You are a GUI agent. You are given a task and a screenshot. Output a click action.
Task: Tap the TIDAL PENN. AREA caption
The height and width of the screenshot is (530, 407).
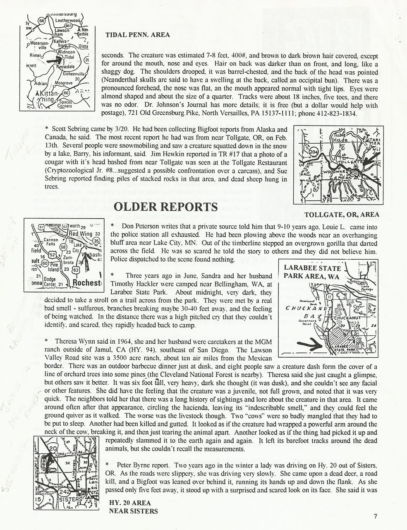pos(137,35)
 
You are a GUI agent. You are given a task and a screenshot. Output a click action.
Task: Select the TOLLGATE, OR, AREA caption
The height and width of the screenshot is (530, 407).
pos(341,214)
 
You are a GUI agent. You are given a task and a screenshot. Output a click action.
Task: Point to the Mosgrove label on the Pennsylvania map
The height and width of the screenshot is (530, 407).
pos(64,83)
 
